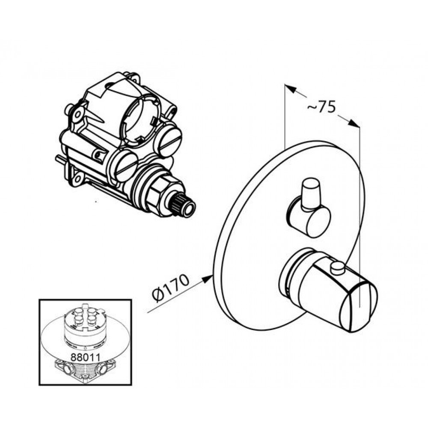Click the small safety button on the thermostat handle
[338, 269]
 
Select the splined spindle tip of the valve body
[187, 208]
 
